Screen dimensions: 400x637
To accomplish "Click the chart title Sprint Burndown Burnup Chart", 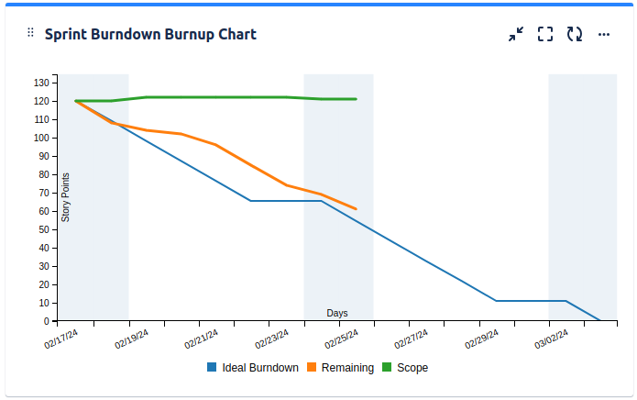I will [150, 35].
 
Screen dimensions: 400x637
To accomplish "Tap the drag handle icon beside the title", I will [30, 33].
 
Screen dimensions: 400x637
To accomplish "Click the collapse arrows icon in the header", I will [516, 34].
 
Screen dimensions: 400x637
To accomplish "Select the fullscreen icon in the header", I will [545, 34].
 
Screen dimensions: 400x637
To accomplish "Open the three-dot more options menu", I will [604, 34].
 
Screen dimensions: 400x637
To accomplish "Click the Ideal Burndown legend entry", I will [253, 368].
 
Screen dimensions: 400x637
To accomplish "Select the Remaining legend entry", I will [340, 368].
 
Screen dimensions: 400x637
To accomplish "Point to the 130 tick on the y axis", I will [40, 83].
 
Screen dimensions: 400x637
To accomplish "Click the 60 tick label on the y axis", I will [43, 211].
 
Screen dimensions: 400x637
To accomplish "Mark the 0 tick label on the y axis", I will [45, 321].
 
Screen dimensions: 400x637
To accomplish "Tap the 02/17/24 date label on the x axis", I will [61, 339].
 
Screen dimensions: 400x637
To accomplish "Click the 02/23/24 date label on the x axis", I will [272, 339].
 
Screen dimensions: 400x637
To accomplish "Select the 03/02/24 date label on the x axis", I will [553, 339].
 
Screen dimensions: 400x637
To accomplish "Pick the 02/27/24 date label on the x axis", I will [412, 339].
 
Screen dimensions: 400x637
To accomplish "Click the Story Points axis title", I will [66, 197].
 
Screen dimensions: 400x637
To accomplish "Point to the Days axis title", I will [337, 313].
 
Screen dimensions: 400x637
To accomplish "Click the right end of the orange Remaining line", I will [356, 209].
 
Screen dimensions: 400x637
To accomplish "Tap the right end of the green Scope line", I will [356, 99].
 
